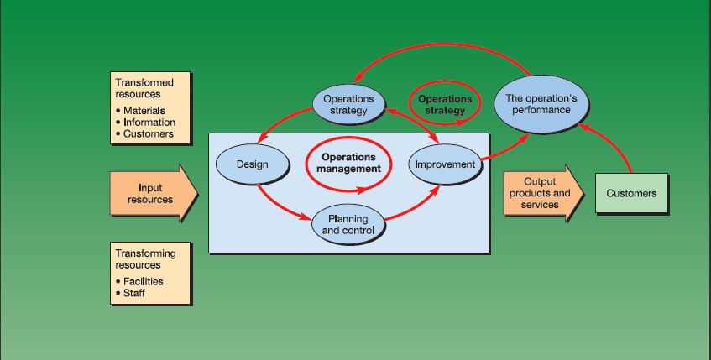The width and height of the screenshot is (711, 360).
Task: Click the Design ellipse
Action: click(252, 164)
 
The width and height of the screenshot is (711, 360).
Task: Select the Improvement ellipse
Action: click(445, 164)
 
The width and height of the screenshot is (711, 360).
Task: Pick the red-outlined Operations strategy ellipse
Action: click(445, 105)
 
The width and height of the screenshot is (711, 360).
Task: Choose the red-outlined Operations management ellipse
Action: click(348, 163)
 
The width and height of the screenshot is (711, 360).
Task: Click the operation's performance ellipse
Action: click(537, 104)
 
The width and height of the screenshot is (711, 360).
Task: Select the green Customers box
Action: click(631, 194)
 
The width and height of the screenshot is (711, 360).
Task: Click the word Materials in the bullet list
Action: click(144, 111)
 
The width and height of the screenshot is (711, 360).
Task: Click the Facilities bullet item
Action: click(143, 281)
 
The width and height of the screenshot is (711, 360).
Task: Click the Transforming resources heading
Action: click(145, 258)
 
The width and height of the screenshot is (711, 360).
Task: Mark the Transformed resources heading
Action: click(144, 88)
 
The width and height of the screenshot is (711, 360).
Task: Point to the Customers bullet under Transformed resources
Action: click(148, 133)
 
